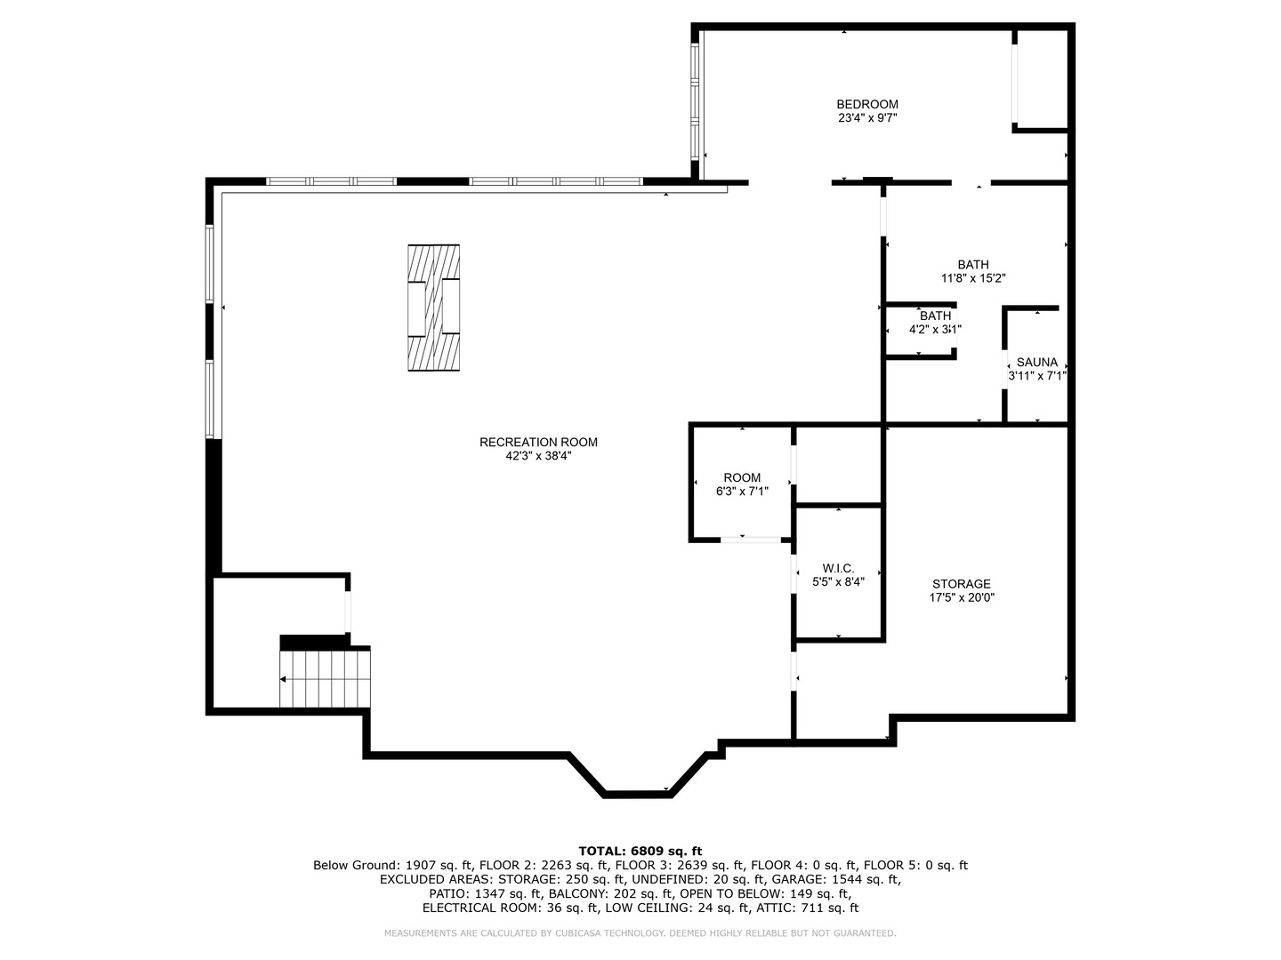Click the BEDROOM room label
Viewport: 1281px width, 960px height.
(867, 104)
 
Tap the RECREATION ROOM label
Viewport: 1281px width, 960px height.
(538, 443)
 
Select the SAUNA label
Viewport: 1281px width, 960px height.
(1037, 362)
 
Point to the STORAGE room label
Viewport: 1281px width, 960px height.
(961, 584)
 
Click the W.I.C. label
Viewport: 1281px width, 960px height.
(838, 568)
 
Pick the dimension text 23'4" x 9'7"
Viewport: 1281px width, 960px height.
(867, 118)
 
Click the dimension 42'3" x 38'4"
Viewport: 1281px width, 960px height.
(538, 456)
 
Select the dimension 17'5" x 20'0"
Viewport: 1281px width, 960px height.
(961, 597)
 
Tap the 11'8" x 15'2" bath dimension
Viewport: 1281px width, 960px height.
(973, 278)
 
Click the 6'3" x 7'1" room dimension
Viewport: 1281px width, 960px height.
(742, 492)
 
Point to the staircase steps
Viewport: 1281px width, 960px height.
(325, 679)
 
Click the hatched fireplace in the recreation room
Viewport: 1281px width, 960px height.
(433, 308)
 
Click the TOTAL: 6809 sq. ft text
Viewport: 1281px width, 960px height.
(640, 851)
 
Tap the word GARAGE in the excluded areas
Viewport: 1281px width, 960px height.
(797, 879)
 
